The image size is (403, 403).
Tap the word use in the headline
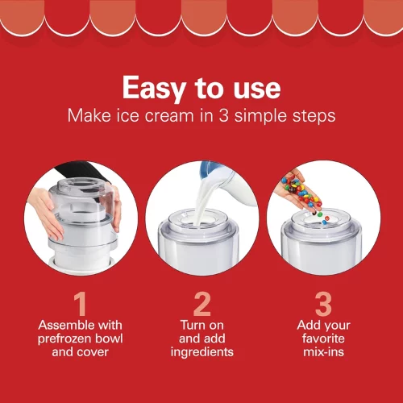[257, 89]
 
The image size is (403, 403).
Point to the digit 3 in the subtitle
[223, 116]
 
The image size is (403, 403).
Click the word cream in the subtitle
[169, 117]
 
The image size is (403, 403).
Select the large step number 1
[81, 304]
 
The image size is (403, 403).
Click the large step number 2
[202, 304]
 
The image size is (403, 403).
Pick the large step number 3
[323, 304]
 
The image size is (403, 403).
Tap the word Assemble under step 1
[65, 325]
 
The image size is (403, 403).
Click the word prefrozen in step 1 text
[64, 339]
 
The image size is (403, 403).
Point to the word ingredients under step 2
[202, 352]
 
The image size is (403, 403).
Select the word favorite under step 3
[323, 339]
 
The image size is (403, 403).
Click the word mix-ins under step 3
[323, 352]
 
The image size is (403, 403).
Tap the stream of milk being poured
[203, 199]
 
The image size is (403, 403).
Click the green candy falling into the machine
[320, 214]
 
